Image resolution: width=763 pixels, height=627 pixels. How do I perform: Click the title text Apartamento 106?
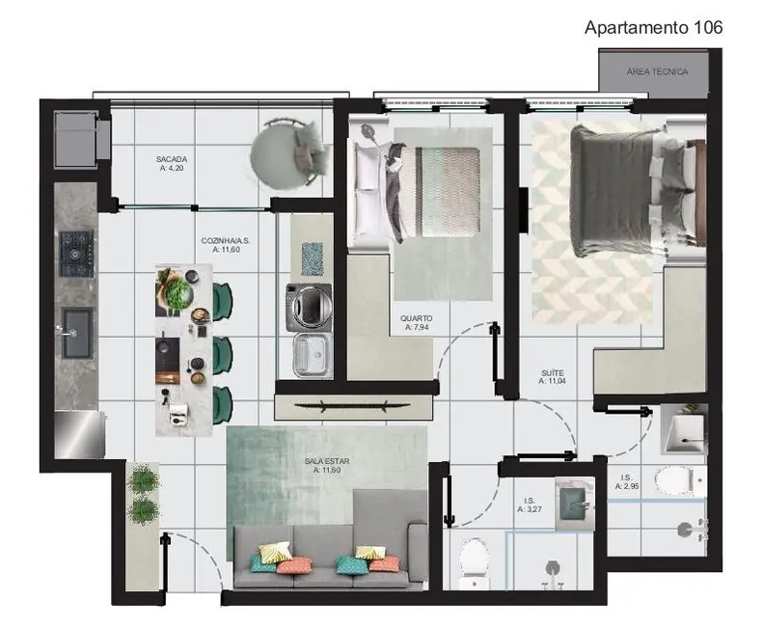coord(653,27)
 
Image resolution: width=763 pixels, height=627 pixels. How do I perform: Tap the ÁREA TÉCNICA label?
coord(657,71)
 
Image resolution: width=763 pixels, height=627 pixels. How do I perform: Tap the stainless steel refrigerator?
coord(79,434)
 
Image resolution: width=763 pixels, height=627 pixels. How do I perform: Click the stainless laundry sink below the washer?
coord(311,355)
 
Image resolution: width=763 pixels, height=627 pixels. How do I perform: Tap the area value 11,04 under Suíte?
coord(552,381)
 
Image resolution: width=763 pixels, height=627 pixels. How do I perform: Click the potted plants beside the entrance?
coord(144,494)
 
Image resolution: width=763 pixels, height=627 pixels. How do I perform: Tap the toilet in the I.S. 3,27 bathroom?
coord(475,559)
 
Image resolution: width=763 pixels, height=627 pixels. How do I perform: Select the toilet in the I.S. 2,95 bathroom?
coord(673,479)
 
